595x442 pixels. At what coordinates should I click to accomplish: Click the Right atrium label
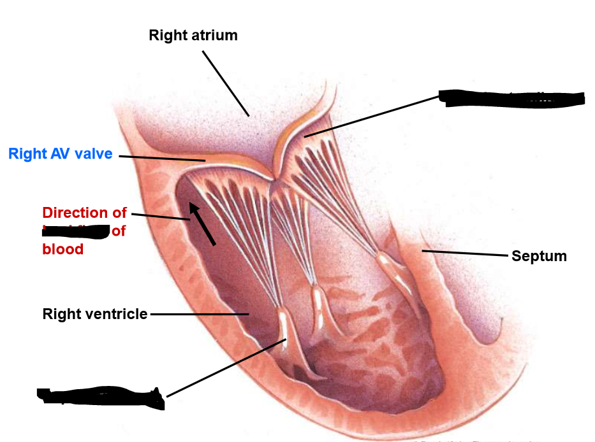(x=193, y=35)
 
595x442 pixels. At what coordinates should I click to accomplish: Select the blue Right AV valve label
(x=61, y=154)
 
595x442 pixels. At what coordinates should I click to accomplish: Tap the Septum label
(x=539, y=256)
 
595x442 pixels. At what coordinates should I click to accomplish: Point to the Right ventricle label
(x=95, y=314)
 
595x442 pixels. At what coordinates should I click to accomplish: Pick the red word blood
(x=62, y=249)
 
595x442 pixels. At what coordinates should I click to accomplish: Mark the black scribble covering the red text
(x=75, y=231)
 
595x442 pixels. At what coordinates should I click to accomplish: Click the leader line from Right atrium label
(x=226, y=83)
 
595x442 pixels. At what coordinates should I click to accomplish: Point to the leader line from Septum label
(x=466, y=253)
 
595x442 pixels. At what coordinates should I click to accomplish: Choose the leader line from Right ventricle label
(x=198, y=314)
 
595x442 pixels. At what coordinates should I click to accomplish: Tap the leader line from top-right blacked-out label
(x=373, y=116)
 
